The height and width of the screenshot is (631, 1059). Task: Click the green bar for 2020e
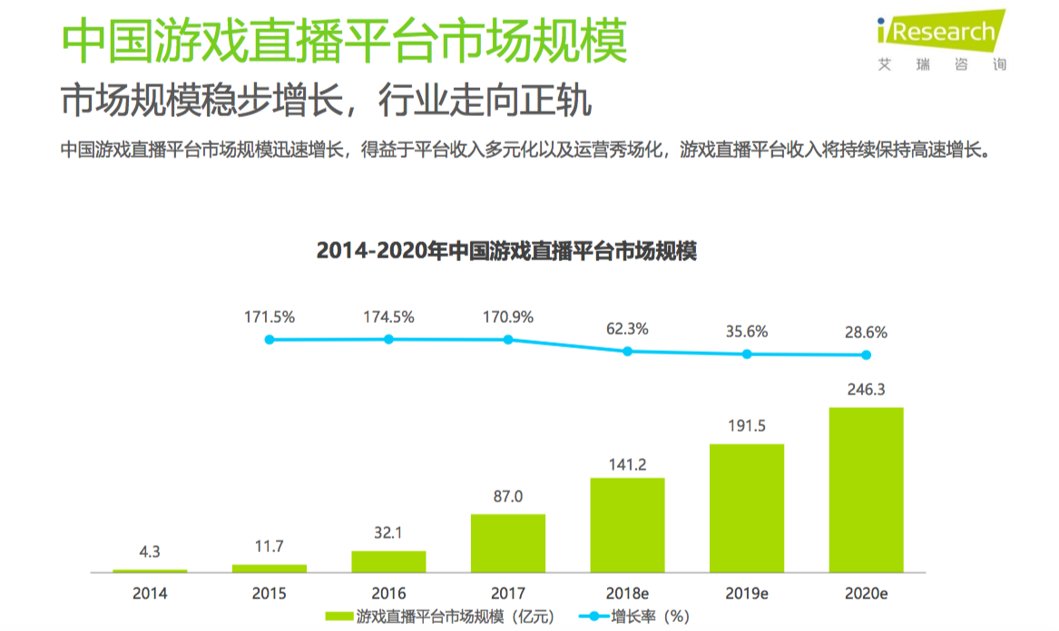[866, 490]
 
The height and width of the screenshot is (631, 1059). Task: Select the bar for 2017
[508, 543]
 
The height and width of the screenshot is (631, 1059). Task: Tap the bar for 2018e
[627, 525]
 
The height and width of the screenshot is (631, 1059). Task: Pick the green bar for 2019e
[747, 508]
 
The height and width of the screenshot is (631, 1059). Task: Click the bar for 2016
[388, 561]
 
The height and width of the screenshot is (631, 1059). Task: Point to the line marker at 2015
[270, 340]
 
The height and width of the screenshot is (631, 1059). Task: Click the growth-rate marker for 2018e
[627, 351]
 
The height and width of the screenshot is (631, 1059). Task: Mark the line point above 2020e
[866, 354]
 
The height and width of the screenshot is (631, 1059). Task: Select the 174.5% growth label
[388, 317]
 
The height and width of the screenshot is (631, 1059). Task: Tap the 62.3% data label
[627, 328]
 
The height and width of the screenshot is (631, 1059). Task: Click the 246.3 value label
[866, 390]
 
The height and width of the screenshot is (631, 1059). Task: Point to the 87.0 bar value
[508, 497]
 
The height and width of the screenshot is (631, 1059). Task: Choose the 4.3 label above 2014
[150, 552]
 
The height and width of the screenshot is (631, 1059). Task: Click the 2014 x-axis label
[150, 594]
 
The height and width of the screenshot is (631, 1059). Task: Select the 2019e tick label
[747, 594]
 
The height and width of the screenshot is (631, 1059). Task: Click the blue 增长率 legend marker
[594, 616]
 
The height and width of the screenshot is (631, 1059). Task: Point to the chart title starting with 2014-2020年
[506, 250]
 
